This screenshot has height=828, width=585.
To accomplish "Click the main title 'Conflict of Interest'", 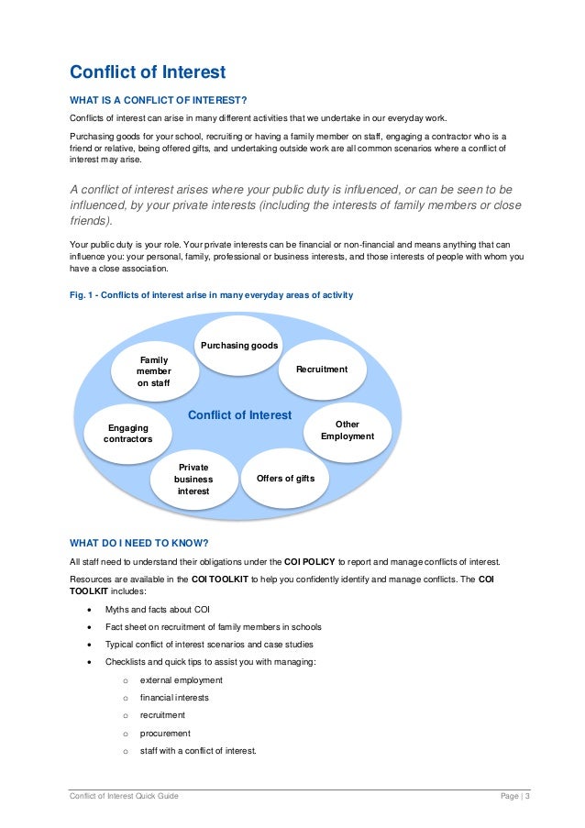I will (148, 72).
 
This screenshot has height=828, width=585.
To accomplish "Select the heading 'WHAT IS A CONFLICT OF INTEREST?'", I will (159, 100).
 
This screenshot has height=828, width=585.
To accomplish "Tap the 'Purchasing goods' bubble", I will (238, 346).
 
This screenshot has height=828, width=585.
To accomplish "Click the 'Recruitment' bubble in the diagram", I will (322, 369).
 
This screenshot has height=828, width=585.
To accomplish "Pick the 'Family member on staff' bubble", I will (153, 371).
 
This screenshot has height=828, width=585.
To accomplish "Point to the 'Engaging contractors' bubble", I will (127, 433).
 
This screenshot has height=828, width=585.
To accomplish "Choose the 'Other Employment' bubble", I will (348, 430).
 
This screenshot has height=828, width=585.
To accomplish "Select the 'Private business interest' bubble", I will (193, 480).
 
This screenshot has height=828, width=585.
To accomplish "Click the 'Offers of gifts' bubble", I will (284, 478).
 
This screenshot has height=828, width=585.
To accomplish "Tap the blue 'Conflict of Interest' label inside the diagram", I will (239, 415).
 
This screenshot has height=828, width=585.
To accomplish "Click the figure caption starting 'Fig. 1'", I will (211, 295).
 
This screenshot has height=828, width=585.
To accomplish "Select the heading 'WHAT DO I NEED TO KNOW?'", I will (138, 542).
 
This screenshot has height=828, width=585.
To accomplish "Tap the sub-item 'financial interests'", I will (174, 698).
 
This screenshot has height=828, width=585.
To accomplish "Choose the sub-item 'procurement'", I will (165, 734).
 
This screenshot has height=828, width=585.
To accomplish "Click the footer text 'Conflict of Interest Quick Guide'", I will (124, 796).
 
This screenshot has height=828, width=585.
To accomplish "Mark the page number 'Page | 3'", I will (510, 796).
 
